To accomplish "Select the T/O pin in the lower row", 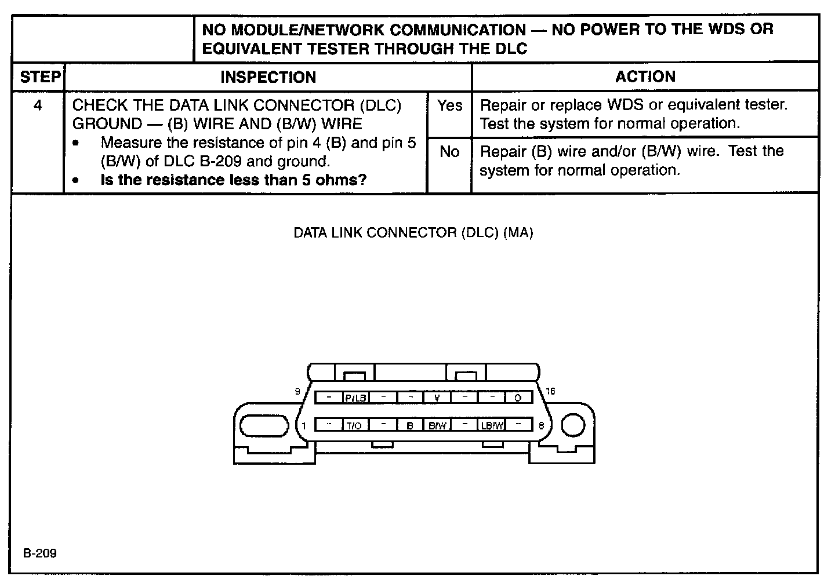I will point(354,425).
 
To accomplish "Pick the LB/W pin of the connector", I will point(492,425).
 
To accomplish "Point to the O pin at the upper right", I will point(518,398).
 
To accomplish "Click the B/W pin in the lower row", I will point(437,425).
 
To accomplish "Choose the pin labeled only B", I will point(410,425).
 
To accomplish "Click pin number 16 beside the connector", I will point(550,391).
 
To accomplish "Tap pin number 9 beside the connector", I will point(297,391).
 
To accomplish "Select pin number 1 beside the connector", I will point(304,426).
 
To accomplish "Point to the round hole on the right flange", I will point(573,426).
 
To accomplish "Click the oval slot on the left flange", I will point(264,426).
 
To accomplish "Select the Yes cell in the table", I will point(450,105).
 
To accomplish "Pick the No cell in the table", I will point(449,152).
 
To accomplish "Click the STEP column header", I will point(39,77).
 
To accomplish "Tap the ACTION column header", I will point(645,76).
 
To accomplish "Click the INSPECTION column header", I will point(268,77).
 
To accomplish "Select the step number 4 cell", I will point(38,106).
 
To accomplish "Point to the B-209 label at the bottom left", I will point(40,553).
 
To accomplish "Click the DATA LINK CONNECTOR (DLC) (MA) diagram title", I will point(413,233).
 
